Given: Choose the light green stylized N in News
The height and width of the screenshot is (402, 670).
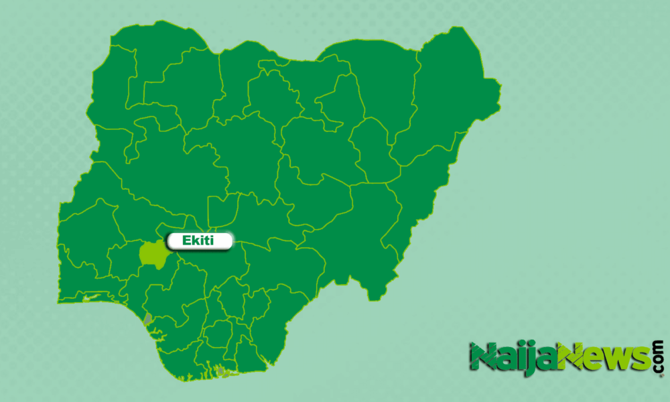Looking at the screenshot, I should click(x=572, y=357).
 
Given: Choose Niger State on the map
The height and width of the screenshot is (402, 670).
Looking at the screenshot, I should click(x=161, y=174).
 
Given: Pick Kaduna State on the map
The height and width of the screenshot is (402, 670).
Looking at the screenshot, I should click(x=248, y=154).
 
